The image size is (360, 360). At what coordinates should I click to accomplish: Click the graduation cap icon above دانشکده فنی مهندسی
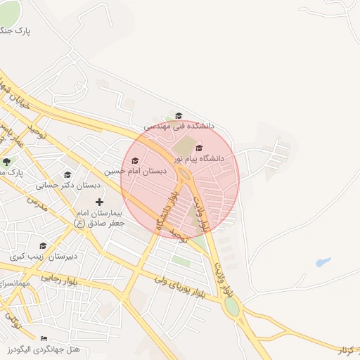(x=179, y=115)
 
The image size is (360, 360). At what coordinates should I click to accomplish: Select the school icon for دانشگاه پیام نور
(x=199, y=148)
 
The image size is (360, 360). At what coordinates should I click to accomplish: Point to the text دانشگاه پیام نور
(x=202, y=158)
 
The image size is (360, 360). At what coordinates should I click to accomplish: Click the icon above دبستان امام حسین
(x=135, y=161)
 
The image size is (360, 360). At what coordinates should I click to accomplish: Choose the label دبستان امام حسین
(x=136, y=171)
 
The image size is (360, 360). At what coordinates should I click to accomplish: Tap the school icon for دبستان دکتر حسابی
(x=67, y=175)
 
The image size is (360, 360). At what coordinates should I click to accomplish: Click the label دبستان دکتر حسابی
(x=69, y=185)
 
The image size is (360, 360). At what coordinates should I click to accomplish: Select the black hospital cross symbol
(x=99, y=202)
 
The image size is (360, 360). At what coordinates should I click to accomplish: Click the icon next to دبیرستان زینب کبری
(x=43, y=245)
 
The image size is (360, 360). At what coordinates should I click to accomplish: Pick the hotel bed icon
(x=44, y=339)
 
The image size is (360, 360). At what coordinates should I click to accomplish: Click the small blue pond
(x=323, y=263)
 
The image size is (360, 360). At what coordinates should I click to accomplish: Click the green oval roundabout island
(x=231, y=307)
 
